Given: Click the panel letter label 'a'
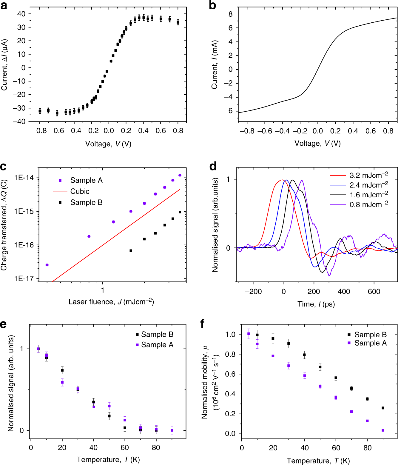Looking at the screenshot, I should pos(4,5).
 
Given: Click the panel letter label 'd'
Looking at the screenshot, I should pos(213,166).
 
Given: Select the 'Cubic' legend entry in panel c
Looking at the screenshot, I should pos(80,191).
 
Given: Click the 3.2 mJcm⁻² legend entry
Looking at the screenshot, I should pos(368,175).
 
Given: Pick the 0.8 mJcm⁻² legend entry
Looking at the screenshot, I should pos(368,204).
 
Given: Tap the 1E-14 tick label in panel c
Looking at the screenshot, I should pos(24,178).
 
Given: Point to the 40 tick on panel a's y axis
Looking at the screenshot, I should pos(21,14).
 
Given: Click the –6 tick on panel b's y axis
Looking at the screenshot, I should pos(228,111).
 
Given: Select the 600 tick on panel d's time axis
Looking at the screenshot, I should pos(374,292).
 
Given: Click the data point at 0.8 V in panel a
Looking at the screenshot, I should pos(178,22).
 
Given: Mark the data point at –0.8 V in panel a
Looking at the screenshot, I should pos(40,111).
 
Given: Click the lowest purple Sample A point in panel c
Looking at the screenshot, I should pos(47,265).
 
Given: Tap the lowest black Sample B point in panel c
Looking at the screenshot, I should pos(131,251).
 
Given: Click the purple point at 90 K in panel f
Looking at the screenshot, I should pos(383,430).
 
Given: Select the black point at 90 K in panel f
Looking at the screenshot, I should pos(383,408).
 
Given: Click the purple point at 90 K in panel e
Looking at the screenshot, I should pos(172,430).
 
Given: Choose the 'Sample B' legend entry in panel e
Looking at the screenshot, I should pos(157,334).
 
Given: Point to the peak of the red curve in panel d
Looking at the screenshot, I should pos(282,180).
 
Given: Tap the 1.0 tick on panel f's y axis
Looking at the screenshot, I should pos(230,334).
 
